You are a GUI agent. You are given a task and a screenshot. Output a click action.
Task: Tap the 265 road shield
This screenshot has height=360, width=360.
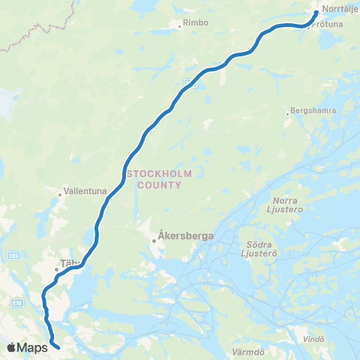[x=7, y=255]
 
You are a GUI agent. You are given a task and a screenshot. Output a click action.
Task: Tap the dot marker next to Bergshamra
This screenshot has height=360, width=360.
[x=286, y=114]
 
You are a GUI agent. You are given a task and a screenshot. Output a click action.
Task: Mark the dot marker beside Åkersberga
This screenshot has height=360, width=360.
[x=154, y=241]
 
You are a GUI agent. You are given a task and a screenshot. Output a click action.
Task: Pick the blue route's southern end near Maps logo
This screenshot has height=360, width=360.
[x=58, y=346]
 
